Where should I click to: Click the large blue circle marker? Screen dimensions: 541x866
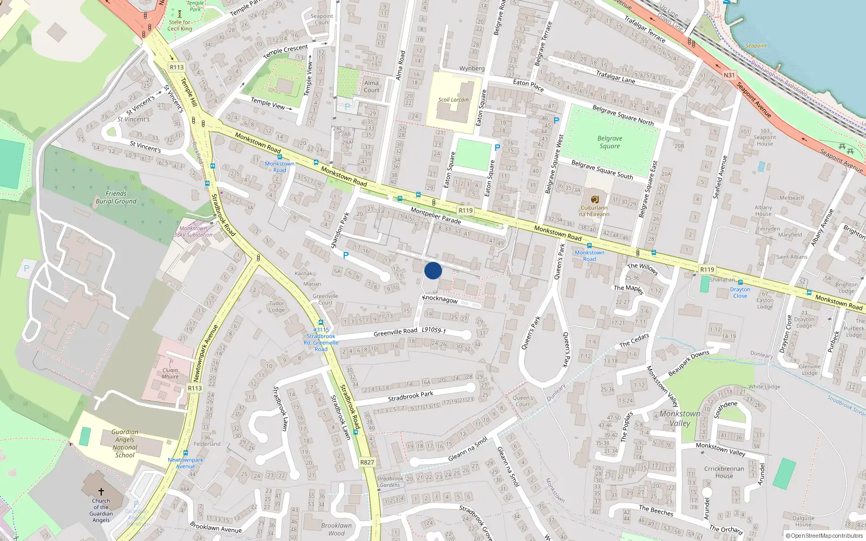point(433,270)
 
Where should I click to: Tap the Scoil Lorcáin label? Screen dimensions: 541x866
point(454,100)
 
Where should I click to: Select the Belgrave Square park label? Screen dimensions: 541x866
point(609,142)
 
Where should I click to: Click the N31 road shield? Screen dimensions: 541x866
point(729,75)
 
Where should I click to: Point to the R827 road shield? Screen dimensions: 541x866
point(367,462)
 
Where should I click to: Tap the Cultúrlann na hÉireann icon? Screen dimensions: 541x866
point(594,199)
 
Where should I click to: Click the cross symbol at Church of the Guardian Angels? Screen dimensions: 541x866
point(101,491)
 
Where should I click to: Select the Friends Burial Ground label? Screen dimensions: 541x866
point(116,197)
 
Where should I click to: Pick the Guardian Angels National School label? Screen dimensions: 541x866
point(124,444)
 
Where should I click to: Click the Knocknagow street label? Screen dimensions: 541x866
point(440,299)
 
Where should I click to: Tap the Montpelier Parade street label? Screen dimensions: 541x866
point(436,215)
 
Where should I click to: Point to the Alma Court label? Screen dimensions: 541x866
point(371,87)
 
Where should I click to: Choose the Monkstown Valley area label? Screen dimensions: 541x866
point(680,418)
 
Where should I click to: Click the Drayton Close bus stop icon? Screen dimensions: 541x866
point(740,282)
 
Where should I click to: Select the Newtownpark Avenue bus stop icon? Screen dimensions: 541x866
point(186,453)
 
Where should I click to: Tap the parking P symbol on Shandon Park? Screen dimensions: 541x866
point(346,255)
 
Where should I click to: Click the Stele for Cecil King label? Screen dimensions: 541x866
point(180,25)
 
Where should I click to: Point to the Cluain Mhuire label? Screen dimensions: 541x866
point(170,373)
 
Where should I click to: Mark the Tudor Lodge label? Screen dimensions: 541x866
point(277,307)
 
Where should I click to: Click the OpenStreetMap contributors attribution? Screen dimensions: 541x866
point(824,536)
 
